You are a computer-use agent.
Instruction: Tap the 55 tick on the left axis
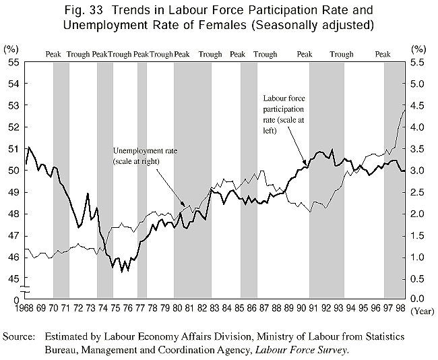pos(12,62)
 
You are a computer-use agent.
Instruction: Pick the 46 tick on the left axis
pos(12,257)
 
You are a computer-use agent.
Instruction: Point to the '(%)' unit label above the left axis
pos(11,49)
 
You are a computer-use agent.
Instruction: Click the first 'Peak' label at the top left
pos(54,54)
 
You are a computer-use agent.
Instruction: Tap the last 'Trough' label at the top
pos(342,54)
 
